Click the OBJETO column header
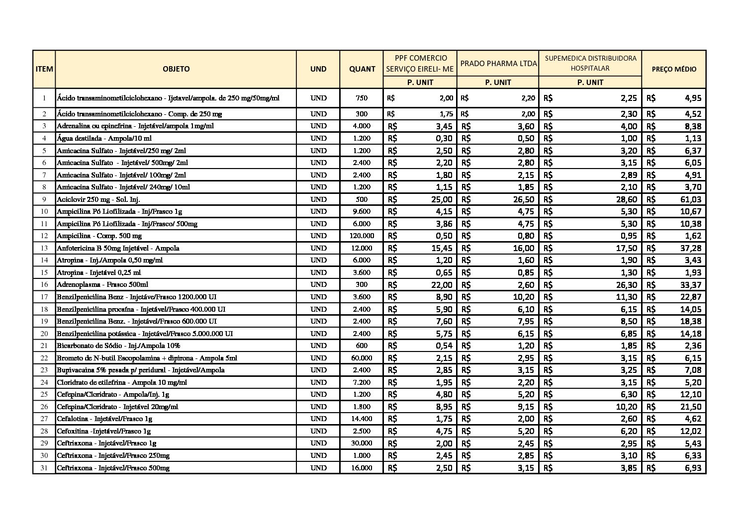tap(176, 69)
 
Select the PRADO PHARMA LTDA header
tap(498, 64)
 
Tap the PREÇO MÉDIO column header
tap(674, 69)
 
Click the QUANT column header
tap(362, 69)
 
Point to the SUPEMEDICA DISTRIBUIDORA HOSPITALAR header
tap(590, 63)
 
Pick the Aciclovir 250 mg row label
tap(98, 199)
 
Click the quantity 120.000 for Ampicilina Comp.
tap(362, 236)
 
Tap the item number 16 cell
tap(44, 284)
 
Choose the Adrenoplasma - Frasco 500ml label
tap(102, 284)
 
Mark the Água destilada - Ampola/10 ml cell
tap(104, 138)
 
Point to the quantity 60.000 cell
tap(362, 358)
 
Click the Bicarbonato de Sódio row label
tap(118, 346)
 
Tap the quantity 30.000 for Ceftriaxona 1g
tap(362, 443)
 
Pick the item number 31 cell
tap(44, 468)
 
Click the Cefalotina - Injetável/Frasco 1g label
tap(104, 419)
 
